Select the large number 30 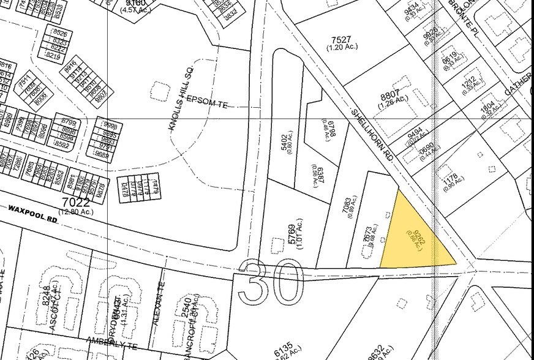click(x=273, y=282)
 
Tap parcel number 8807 click(x=390, y=96)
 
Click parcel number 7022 click(x=75, y=203)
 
